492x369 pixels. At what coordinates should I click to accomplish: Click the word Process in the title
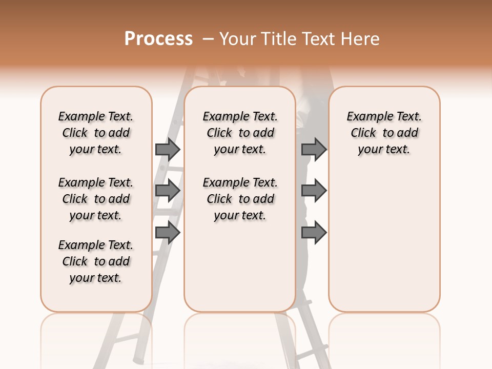pos(158,39)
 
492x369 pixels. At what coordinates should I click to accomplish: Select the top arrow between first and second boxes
pos(168,149)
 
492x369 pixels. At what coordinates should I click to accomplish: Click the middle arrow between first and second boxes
pos(168,191)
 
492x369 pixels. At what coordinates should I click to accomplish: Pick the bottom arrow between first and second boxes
pos(168,233)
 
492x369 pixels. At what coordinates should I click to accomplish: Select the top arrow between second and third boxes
pos(314,149)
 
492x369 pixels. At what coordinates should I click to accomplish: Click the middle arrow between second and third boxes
pos(314,191)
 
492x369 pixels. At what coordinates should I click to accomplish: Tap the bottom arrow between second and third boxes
pos(314,233)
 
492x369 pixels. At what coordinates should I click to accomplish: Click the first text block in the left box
pos(96,133)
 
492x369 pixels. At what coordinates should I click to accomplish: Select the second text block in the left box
pos(96,199)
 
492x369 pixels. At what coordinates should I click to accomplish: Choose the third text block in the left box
pos(96,261)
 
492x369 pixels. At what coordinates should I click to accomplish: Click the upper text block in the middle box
pos(240,133)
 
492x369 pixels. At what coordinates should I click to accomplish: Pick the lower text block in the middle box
pos(240,199)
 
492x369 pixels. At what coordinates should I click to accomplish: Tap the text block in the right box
pos(384,133)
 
